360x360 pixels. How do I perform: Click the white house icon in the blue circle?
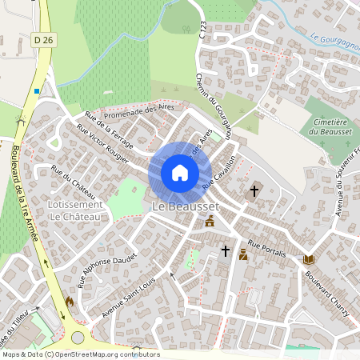click(180, 173)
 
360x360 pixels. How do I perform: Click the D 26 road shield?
click(43, 38)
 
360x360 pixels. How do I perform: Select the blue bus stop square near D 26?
click(37, 91)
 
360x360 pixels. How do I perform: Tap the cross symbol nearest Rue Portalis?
click(225, 251)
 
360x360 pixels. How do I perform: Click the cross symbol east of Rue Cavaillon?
click(254, 191)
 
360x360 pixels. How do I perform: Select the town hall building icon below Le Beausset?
click(210, 221)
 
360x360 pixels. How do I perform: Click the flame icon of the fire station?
click(70, 302)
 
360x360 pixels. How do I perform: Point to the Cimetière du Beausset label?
click(328, 124)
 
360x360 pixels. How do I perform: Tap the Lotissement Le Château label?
click(75, 210)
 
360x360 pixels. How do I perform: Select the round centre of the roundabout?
click(77, 338)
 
